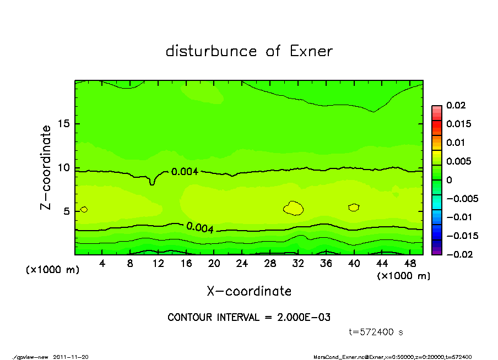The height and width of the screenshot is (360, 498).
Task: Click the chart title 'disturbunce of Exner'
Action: pyautogui.click(x=249, y=51)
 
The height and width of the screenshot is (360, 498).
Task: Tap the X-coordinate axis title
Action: pyautogui.click(x=249, y=291)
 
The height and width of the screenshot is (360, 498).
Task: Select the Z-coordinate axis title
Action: pyautogui.click(x=46, y=167)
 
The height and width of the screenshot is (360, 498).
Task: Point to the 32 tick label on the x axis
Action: pyautogui.click(x=297, y=264)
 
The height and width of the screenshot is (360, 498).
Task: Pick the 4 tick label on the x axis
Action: pyautogui.click(x=102, y=264)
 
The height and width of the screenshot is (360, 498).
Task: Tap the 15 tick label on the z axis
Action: pyautogui.click(x=64, y=124)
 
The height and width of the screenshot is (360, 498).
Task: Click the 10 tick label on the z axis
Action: pyautogui.click(x=64, y=168)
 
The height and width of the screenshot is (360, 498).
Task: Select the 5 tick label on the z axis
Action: pyautogui.click(x=67, y=211)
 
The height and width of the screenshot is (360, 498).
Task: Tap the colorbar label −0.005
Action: pyautogui.click(x=460, y=198)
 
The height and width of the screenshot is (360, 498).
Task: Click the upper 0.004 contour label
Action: pyautogui.click(x=185, y=172)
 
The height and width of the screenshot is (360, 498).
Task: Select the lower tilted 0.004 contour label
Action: pyautogui.click(x=199, y=227)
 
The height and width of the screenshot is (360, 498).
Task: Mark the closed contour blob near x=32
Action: pyautogui.click(x=294, y=208)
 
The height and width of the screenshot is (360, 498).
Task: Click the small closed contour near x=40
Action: pyautogui.click(x=354, y=208)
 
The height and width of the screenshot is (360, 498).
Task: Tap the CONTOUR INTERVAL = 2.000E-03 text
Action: pyautogui.click(x=249, y=318)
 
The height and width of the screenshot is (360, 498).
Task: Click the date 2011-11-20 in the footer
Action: pyautogui.click(x=71, y=357)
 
